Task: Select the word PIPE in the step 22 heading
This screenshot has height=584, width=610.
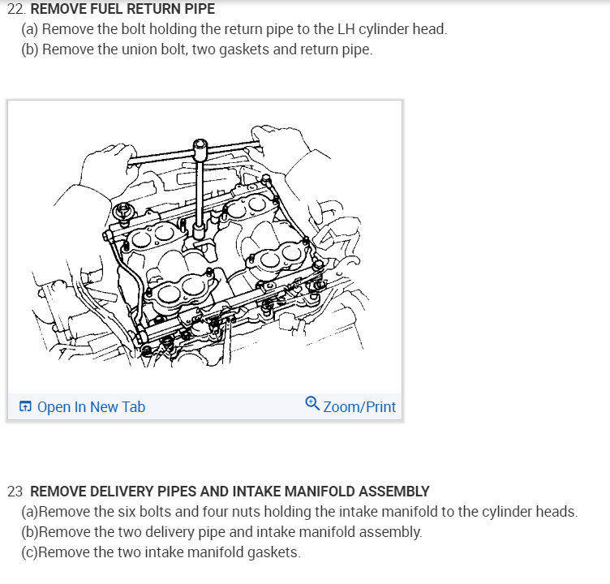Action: [x=200, y=9]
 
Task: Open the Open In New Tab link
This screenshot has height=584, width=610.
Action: [x=91, y=406]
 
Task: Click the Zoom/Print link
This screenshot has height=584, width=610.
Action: [x=359, y=406]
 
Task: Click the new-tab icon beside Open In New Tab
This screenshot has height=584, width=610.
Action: [x=26, y=406]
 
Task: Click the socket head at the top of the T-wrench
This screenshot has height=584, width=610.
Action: [x=200, y=149]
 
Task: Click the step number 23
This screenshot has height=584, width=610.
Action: [x=15, y=492]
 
